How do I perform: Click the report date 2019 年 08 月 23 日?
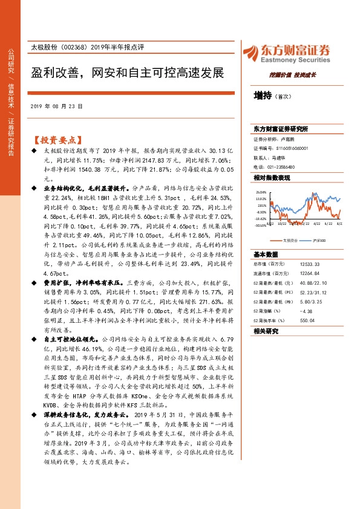tap(56, 105)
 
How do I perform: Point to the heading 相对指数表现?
tap(272, 177)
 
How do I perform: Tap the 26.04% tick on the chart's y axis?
tap(261, 192)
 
